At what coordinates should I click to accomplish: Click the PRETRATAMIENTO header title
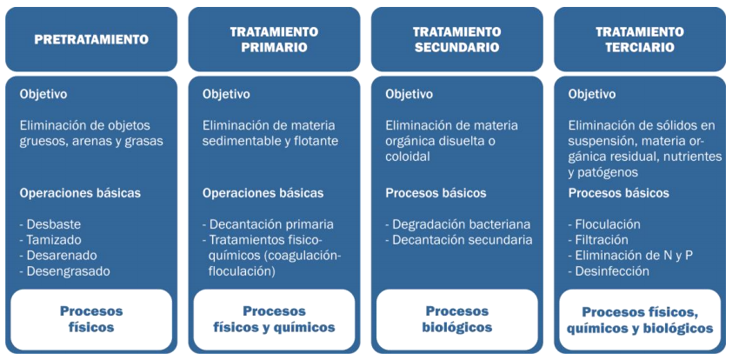91,39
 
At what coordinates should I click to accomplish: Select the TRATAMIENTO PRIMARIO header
274,39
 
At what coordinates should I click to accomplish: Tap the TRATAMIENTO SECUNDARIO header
457,39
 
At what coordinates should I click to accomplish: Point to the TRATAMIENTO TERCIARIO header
640,39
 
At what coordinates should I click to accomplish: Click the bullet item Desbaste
50,224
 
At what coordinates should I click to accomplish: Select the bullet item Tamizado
50,240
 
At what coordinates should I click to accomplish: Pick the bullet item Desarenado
58,256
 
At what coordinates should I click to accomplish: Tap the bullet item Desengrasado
65,271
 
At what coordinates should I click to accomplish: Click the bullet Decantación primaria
268,224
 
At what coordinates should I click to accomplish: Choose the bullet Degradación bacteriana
458,224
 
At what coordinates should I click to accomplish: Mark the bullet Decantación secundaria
459,240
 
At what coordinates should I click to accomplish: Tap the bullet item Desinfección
609,271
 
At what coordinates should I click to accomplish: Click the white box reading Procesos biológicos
457,319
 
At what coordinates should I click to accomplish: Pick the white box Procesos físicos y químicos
274,319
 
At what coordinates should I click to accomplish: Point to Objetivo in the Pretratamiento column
43,94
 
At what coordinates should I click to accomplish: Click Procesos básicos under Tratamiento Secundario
436,193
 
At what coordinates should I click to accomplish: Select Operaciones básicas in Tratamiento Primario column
263,193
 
